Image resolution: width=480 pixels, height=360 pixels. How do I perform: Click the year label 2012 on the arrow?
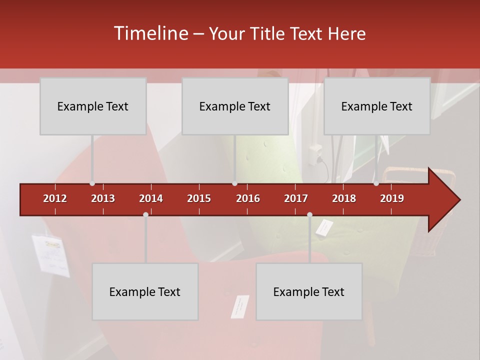(55, 198)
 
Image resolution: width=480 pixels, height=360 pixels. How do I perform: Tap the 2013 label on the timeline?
(103, 198)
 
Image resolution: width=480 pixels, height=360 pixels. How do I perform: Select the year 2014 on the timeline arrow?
(151, 198)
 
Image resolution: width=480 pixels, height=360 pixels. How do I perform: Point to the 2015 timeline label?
(199, 198)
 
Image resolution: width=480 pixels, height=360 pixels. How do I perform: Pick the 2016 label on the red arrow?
(248, 198)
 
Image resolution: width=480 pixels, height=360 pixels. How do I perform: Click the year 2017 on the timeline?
(296, 198)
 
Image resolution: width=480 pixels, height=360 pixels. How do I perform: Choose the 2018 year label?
(344, 198)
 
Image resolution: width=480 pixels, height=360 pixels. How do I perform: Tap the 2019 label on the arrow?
(392, 198)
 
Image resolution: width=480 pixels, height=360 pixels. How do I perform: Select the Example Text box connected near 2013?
(93, 106)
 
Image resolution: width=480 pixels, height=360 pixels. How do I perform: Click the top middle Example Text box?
(235, 106)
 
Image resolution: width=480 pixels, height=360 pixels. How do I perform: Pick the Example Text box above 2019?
(377, 106)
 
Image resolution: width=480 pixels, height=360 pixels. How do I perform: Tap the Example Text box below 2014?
(145, 292)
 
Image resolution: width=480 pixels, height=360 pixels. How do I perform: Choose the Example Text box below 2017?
(309, 292)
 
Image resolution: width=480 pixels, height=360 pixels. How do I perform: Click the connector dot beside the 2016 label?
(235, 183)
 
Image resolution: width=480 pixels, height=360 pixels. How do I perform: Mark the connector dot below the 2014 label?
(145, 214)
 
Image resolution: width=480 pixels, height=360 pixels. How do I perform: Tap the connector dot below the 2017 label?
(309, 214)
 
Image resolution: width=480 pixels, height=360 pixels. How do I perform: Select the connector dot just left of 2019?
(376, 183)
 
